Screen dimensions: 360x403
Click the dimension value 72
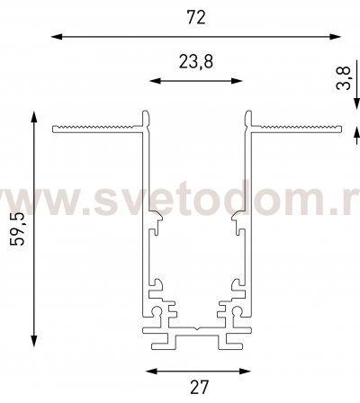click(196, 17)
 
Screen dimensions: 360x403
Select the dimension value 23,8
click(196, 62)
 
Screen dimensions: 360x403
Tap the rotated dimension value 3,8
click(343, 78)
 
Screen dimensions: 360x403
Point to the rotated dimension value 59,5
click(17, 229)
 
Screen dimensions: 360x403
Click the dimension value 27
click(199, 387)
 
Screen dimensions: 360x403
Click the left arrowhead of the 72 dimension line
click(57, 37)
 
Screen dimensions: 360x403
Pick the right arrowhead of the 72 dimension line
click(335, 37)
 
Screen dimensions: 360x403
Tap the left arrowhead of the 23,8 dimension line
click(155, 81)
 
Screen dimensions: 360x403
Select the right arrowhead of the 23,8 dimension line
click(236, 81)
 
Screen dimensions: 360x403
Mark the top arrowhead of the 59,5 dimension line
click(34, 117)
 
